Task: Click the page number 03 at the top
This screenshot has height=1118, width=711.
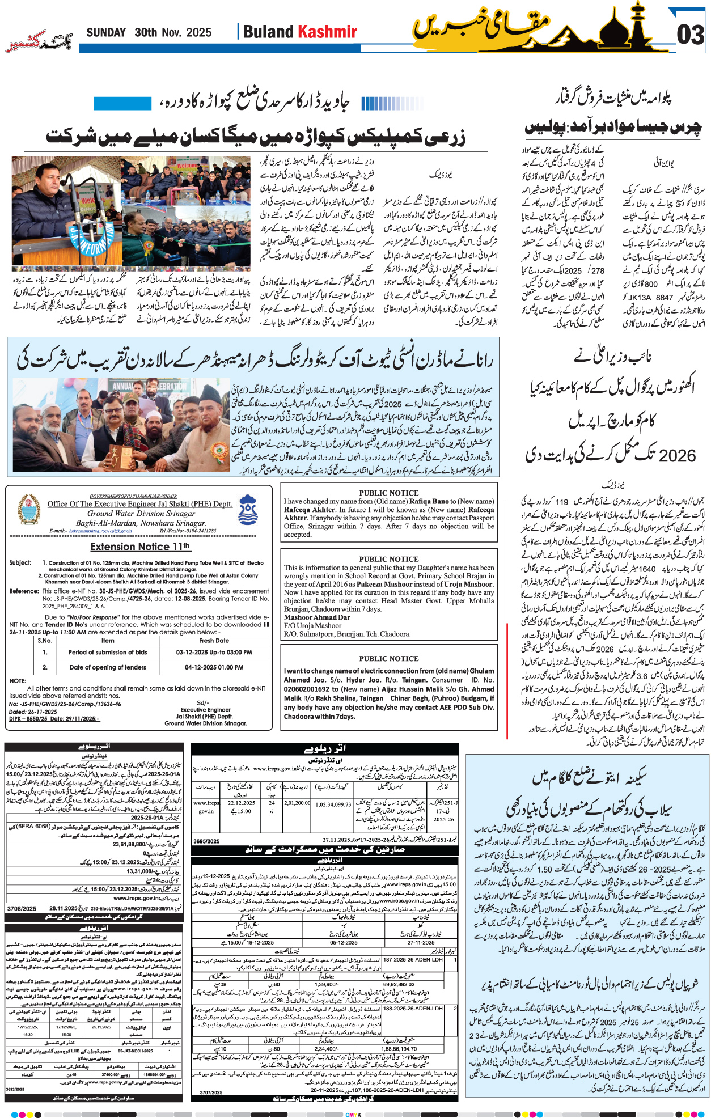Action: click(x=691, y=35)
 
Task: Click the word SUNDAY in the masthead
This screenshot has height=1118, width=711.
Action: click(x=106, y=33)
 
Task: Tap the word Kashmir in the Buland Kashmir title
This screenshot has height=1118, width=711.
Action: click(x=328, y=32)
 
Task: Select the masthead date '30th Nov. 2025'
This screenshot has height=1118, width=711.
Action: click(x=173, y=33)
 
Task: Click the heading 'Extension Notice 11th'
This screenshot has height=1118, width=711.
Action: click(x=140, y=547)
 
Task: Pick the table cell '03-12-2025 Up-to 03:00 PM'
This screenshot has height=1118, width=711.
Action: click(x=214, y=652)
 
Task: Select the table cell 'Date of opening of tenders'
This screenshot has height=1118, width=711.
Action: click(x=108, y=667)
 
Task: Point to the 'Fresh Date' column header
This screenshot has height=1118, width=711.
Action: click(x=214, y=640)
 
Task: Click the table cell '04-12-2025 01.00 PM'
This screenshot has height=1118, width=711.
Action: click(x=214, y=667)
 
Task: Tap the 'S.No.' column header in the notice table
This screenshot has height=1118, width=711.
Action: click(x=45, y=640)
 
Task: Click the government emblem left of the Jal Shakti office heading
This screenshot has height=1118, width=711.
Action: click(x=29, y=509)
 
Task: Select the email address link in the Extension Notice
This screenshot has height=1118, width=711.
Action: click(x=100, y=531)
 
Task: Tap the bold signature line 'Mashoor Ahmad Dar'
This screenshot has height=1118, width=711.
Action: click(x=317, y=617)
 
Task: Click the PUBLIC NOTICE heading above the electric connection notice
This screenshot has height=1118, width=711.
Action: click(x=388, y=658)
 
